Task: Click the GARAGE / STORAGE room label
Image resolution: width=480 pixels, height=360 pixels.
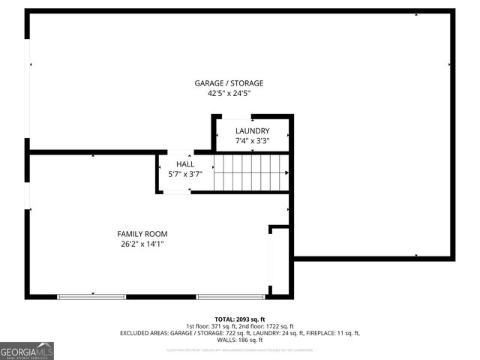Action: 229,83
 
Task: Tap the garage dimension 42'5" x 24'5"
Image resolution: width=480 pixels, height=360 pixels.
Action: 229,94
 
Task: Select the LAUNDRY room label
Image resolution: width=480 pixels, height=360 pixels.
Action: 252,130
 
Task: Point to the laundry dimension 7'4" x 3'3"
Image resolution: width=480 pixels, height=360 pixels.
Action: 252,140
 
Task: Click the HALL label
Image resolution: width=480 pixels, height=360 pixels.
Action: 184,163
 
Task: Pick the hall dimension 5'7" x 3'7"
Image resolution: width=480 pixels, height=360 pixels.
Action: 184,174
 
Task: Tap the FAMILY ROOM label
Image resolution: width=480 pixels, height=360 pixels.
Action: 142,234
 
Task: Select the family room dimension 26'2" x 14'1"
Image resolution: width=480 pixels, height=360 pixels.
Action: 142,244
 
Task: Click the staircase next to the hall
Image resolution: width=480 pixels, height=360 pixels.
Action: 251,172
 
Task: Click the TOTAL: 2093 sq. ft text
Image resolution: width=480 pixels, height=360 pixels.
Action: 240,319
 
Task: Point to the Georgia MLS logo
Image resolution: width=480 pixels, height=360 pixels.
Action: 27,351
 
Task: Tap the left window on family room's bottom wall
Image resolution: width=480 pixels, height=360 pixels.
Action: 91,297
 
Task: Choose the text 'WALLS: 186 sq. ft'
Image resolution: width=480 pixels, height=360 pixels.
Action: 240,340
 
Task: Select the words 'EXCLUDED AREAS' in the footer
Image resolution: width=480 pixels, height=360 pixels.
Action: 144,333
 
